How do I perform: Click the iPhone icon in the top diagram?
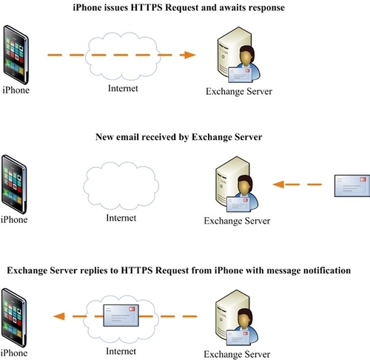tap(16, 55)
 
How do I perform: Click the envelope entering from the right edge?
tap(351, 184)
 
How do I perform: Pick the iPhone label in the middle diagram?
tap(15, 219)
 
